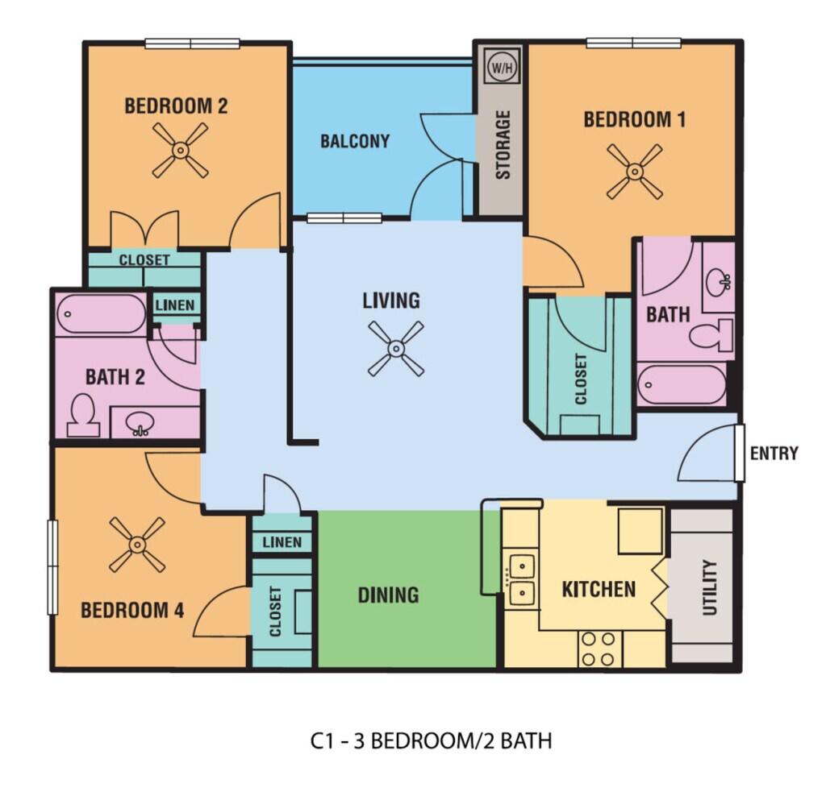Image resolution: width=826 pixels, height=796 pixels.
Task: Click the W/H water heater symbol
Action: point(502,67)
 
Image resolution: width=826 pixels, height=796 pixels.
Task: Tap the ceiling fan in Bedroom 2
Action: point(180,151)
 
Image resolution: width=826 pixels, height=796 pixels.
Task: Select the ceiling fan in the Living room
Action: point(395,348)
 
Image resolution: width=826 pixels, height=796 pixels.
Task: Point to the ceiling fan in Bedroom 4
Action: point(137,545)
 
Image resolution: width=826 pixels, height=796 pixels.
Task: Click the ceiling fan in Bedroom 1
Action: point(634,172)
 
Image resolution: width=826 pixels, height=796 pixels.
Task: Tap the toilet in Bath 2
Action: point(83,415)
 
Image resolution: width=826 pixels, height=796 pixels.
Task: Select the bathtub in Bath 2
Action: point(101,314)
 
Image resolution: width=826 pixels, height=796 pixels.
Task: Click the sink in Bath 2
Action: point(140,423)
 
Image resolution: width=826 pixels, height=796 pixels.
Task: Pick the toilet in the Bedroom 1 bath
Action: point(711,335)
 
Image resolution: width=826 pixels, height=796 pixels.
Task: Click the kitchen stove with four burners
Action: point(599,649)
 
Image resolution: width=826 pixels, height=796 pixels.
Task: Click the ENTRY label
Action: point(774,453)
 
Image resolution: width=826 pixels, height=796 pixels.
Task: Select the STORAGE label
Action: point(503,145)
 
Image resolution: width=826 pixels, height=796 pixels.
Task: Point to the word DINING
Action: point(388,595)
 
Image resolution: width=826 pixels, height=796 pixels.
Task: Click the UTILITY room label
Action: point(710,587)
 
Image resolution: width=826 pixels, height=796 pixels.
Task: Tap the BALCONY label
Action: point(355,141)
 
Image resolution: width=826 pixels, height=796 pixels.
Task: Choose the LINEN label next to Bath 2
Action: point(175,305)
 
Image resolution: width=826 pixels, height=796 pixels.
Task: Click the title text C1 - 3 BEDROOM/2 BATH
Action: point(431,740)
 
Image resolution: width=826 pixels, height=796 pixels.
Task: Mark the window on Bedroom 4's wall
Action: point(52,566)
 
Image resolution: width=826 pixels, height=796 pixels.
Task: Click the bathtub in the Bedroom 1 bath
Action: point(681,384)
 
